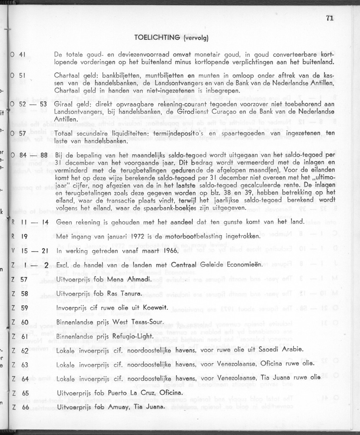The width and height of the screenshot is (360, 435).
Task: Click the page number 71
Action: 330,18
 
